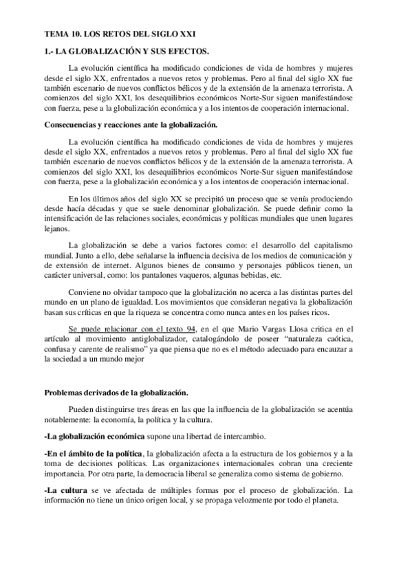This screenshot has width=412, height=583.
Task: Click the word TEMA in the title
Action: (55, 32)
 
